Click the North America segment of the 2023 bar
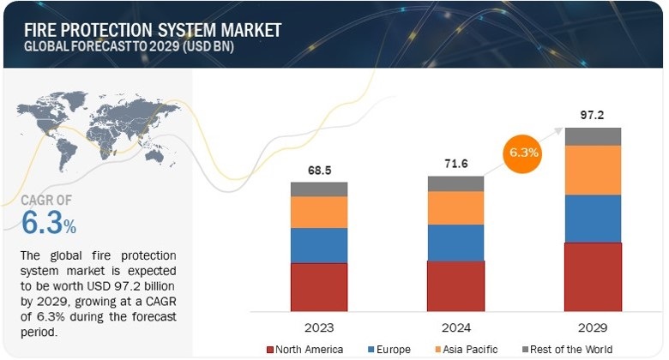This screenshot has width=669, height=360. click(x=319, y=286)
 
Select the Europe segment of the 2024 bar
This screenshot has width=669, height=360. click(x=455, y=243)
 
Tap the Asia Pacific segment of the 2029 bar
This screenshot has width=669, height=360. click(x=593, y=170)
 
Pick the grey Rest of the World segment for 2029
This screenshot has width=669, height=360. click(x=593, y=136)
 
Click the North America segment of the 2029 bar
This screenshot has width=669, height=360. click(x=593, y=276)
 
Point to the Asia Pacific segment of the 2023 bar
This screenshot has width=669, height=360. click(x=319, y=212)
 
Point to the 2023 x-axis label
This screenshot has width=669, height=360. click(x=319, y=327)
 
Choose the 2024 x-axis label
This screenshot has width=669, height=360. click(x=455, y=327)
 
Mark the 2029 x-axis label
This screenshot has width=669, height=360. click(x=593, y=327)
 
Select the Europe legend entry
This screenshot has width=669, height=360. click(x=391, y=349)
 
